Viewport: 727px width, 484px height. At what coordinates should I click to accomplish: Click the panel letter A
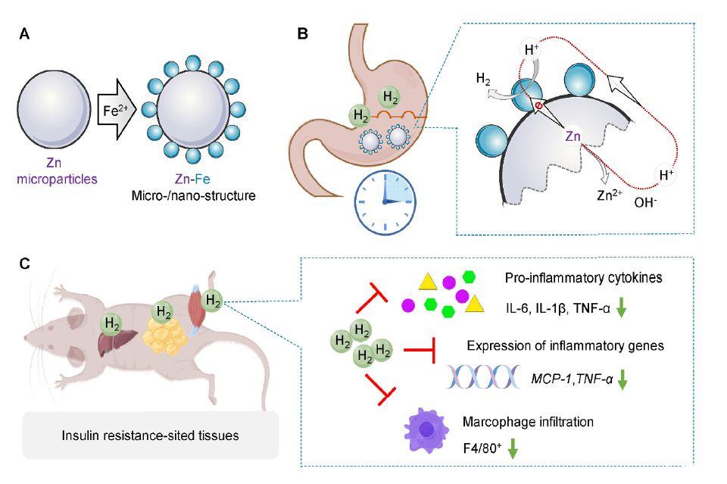[x=24, y=36]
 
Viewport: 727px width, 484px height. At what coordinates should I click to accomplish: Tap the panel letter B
[x=302, y=35]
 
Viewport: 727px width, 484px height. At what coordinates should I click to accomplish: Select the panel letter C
[x=25, y=263]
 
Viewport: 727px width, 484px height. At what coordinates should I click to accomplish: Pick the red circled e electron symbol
[x=538, y=107]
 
